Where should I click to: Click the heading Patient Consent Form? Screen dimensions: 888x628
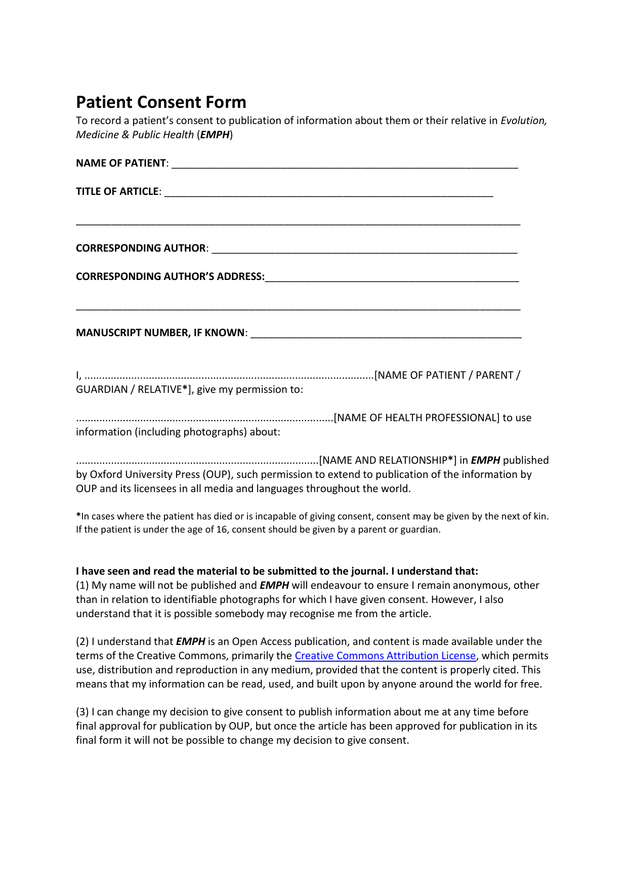coord(161,102)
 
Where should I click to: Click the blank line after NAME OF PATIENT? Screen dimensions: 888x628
coord(344,165)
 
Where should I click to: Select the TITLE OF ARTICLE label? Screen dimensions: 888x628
coord(117,191)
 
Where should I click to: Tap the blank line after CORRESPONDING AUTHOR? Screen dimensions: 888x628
coord(364,250)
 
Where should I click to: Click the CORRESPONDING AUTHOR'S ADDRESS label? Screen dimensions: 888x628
coord(170,276)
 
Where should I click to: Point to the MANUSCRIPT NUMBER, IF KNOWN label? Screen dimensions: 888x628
coord(160,333)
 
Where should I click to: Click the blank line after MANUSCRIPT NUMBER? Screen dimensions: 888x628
coord(386,335)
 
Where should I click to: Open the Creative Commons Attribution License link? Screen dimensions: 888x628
coord(385,656)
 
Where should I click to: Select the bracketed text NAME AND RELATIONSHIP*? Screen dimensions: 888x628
coord(388,460)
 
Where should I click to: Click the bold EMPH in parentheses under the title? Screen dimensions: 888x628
coord(215,135)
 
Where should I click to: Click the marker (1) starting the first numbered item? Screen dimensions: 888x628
coord(82,585)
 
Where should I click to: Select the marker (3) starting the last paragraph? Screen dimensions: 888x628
coord(82,712)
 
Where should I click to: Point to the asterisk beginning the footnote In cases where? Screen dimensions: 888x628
coord(78,516)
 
